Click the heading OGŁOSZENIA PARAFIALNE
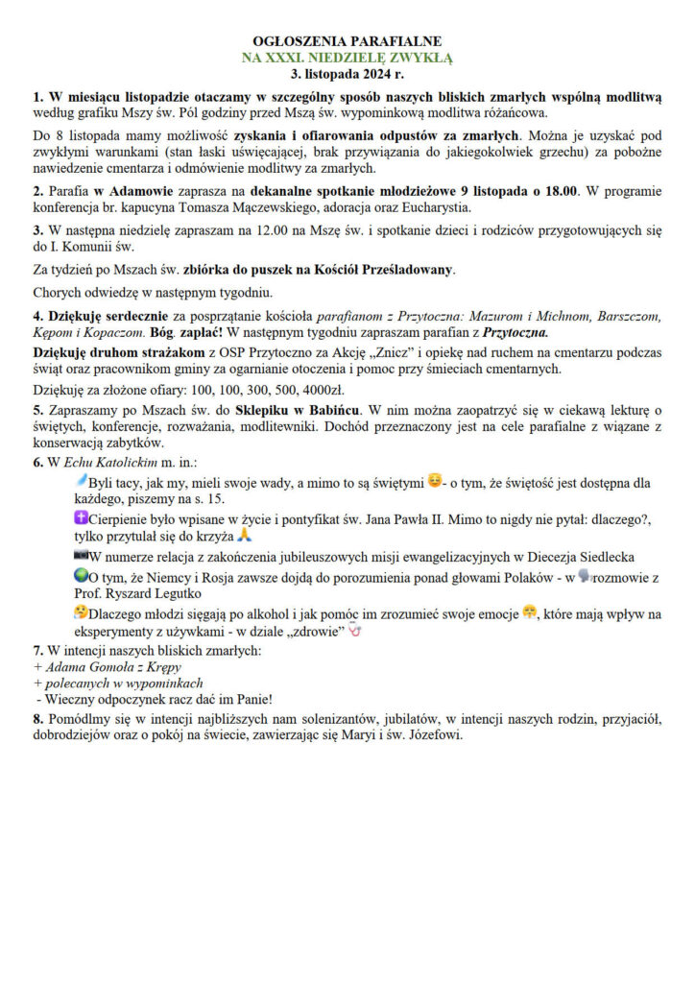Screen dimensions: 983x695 click(347, 42)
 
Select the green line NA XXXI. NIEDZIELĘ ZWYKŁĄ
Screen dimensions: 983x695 click(347, 57)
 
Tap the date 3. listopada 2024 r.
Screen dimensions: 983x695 click(347, 71)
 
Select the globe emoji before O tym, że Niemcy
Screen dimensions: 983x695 click(80, 578)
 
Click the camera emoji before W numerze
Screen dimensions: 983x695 click(80, 555)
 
